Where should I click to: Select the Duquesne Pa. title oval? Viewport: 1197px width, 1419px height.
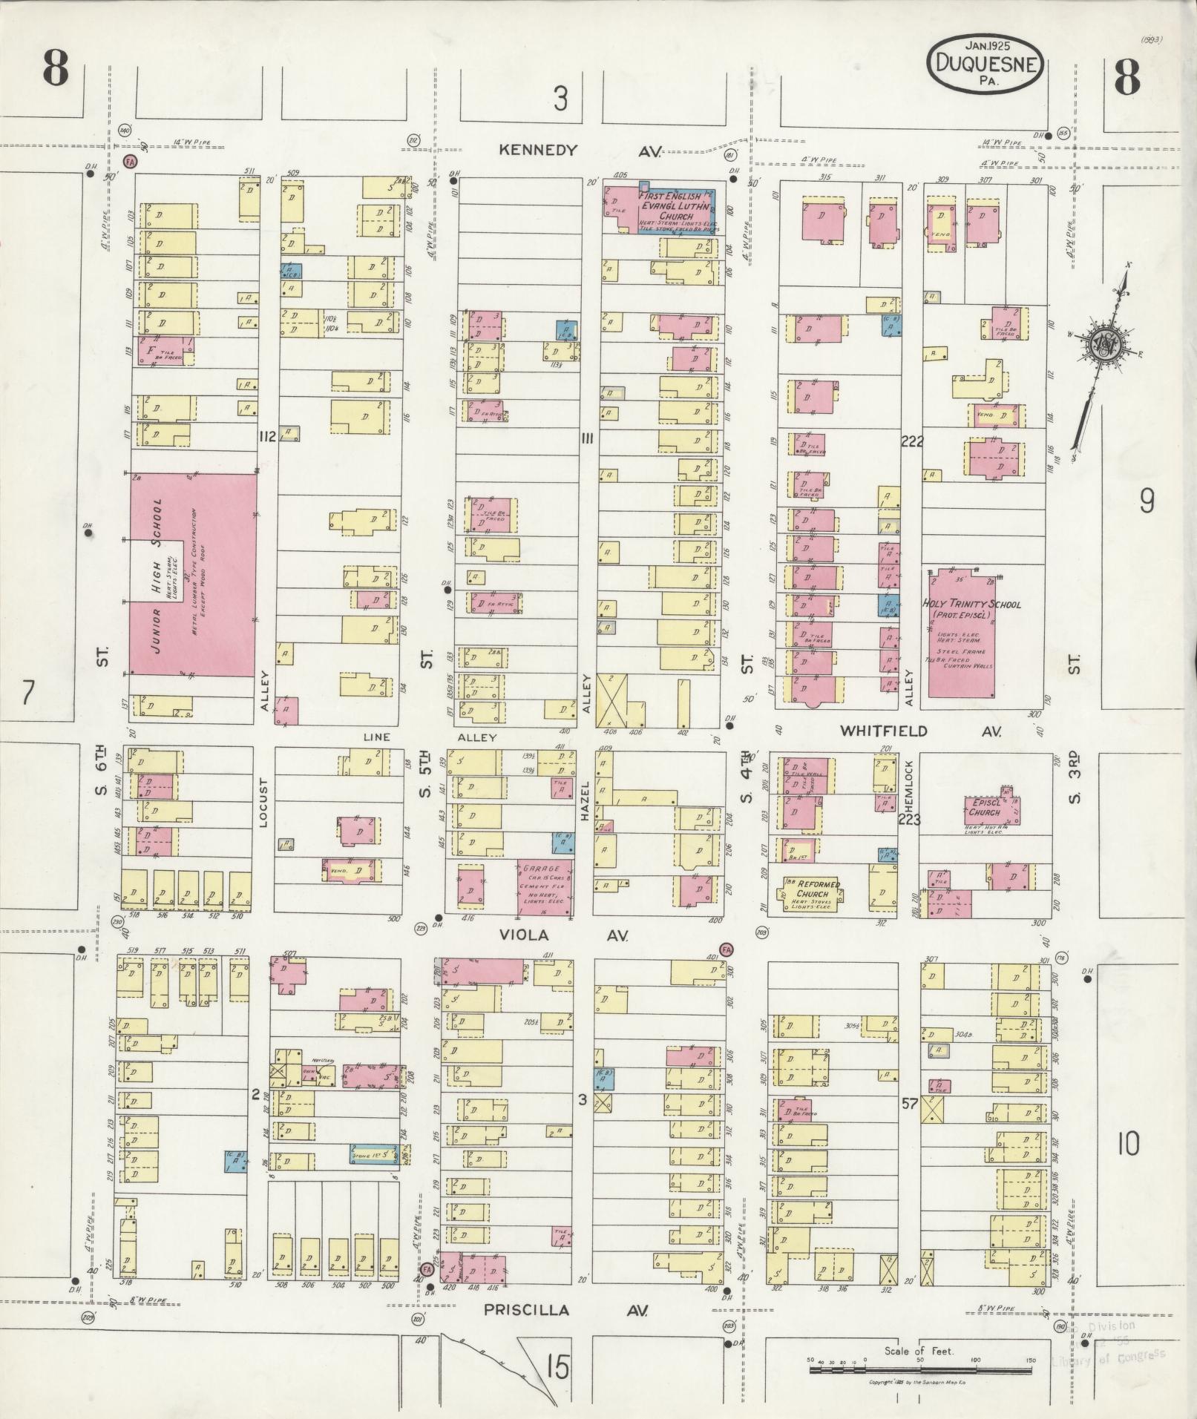click(x=985, y=64)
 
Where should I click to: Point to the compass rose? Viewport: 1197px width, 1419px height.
click(x=1103, y=345)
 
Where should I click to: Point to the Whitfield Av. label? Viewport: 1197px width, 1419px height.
click(x=920, y=731)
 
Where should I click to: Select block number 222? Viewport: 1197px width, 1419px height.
click(x=911, y=442)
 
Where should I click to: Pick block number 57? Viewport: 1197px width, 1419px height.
click(x=910, y=1104)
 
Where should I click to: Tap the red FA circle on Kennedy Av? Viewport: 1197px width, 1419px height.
click(x=129, y=161)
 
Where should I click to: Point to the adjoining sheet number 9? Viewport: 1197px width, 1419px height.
click(x=1147, y=504)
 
